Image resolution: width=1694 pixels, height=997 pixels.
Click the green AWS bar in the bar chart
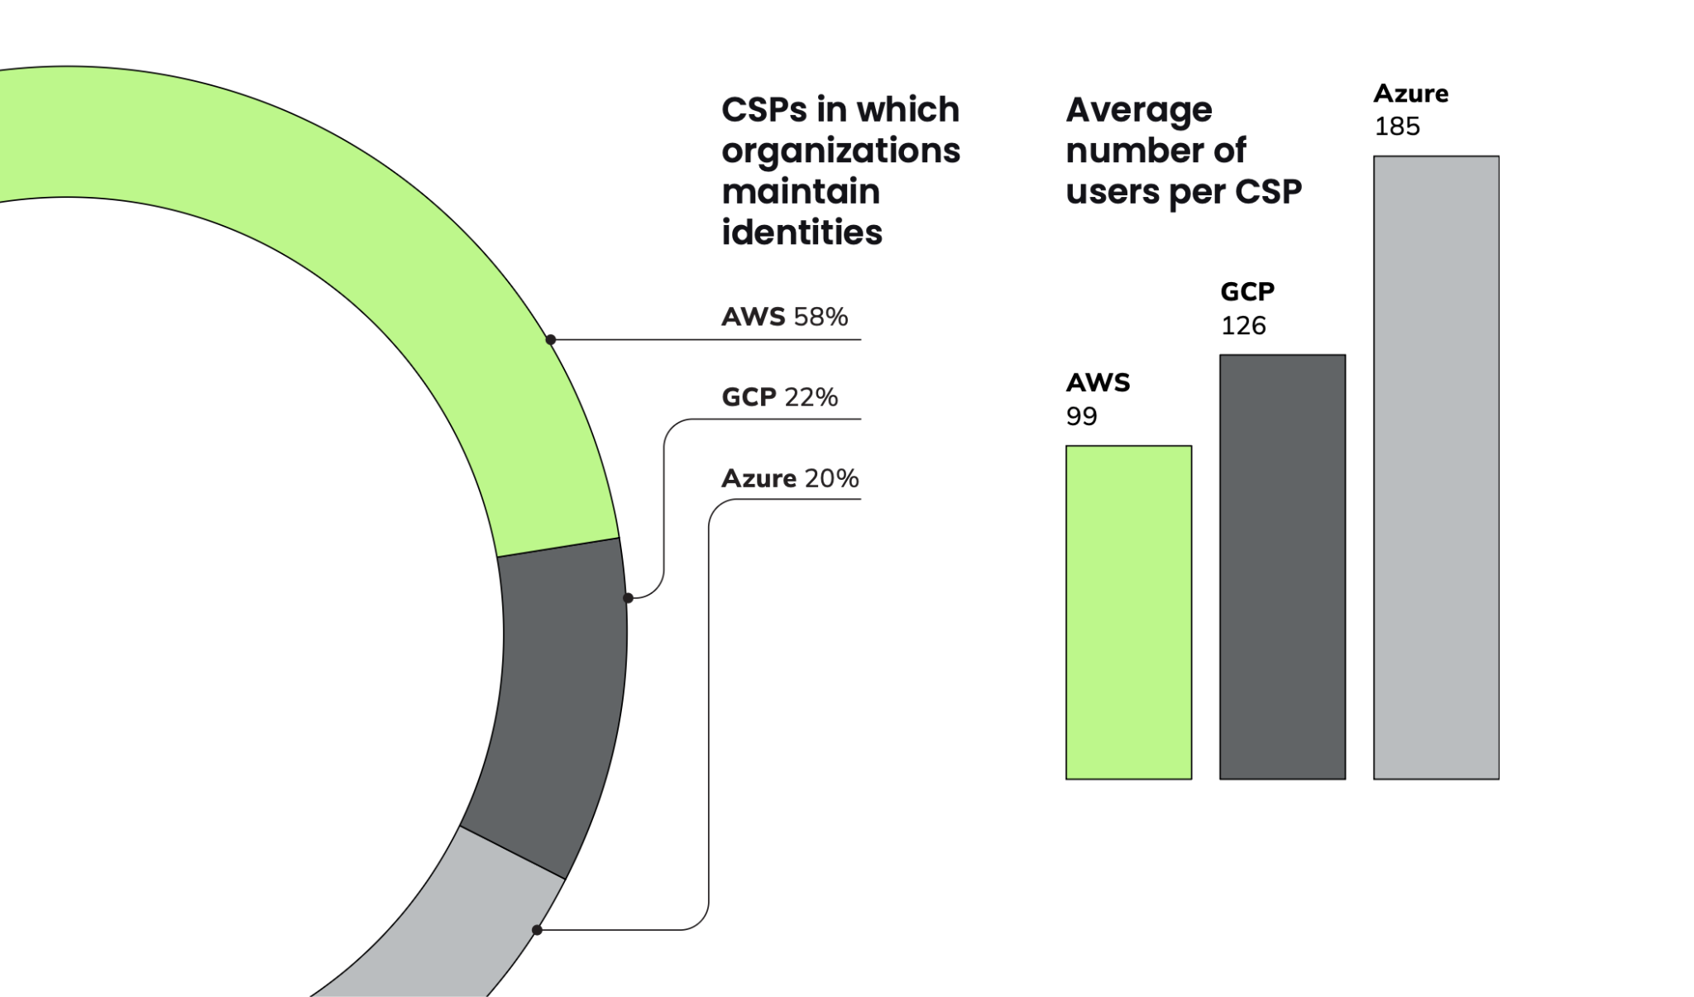[1128, 612]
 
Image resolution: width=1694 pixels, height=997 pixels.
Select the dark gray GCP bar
[1282, 567]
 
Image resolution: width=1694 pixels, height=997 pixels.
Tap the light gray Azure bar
[1436, 467]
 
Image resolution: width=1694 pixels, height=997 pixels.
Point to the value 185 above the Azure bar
[1397, 127]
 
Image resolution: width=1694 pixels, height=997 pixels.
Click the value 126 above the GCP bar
[1243, 325]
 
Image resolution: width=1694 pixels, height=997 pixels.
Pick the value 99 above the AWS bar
[1082, 416]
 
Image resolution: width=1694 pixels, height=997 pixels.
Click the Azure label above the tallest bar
[1411, 93]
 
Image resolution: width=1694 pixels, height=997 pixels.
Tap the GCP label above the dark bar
[1247, 291]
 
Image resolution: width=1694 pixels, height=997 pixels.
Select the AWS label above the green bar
[1098, 382]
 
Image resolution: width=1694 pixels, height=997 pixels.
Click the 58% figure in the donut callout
[821, 316]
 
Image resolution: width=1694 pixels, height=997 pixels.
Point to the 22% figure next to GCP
[811, 397]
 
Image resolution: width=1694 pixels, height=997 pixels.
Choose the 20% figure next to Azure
[831, 478]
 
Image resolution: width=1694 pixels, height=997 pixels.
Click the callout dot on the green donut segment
[551, 339]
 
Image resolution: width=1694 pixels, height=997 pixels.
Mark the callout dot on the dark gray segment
[628, 597]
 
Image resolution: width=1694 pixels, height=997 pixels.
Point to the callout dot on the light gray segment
[537, 930]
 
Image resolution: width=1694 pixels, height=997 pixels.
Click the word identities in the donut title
[802, 232]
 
